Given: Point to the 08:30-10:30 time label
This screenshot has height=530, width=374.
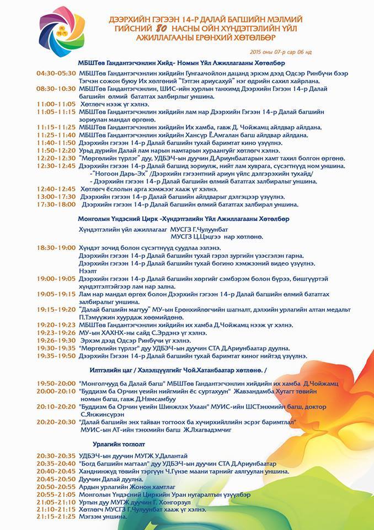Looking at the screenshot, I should point(56,88).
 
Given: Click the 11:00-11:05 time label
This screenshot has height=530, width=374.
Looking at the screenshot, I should point(56,104).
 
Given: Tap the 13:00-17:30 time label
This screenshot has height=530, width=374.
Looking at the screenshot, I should point(56,196).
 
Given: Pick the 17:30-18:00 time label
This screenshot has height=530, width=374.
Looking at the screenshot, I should point(56,204).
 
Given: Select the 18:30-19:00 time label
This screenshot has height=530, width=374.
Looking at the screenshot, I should point(56,248).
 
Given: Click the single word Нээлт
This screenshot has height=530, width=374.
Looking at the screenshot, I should point(88,271).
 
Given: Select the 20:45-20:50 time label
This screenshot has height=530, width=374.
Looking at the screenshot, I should point(56,479).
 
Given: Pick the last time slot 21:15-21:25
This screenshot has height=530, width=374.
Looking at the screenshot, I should point(56,517).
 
